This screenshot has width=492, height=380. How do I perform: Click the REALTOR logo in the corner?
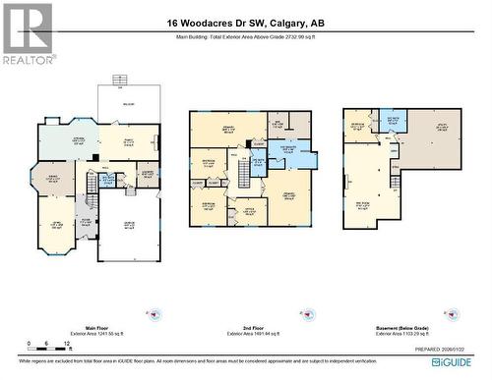tap(27, 33)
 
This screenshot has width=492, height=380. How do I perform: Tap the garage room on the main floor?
tap(128, 228)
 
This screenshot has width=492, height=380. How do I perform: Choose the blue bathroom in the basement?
tap(392, 121)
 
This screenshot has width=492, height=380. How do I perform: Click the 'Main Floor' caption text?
tap(96, 328)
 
